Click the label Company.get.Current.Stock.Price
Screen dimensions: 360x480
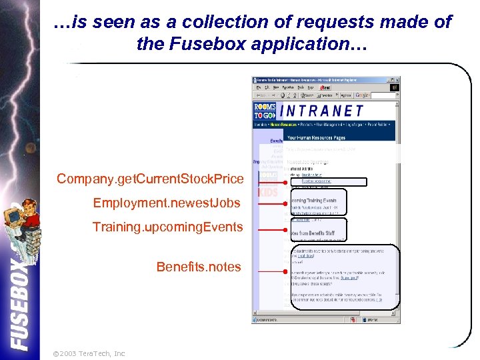pyautogui.click(x=150, y=179)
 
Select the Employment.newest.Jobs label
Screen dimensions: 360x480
pyautogui.click(x=167, y=203)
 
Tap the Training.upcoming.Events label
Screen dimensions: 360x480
pyautogui.click(x=167, y=227)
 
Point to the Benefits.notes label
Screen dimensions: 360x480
pyautogui.click(x=199, y=267)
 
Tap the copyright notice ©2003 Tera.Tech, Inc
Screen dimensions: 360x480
pyautogui.click(x=88, y=353)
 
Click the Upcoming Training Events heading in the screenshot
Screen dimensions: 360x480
pyautogui.click(x=312, y=200)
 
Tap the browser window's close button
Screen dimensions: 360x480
pyautogui.click(x=397, y=79)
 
